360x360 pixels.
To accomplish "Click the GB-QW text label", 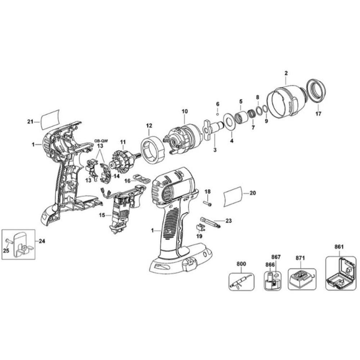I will (x=101, y=141).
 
